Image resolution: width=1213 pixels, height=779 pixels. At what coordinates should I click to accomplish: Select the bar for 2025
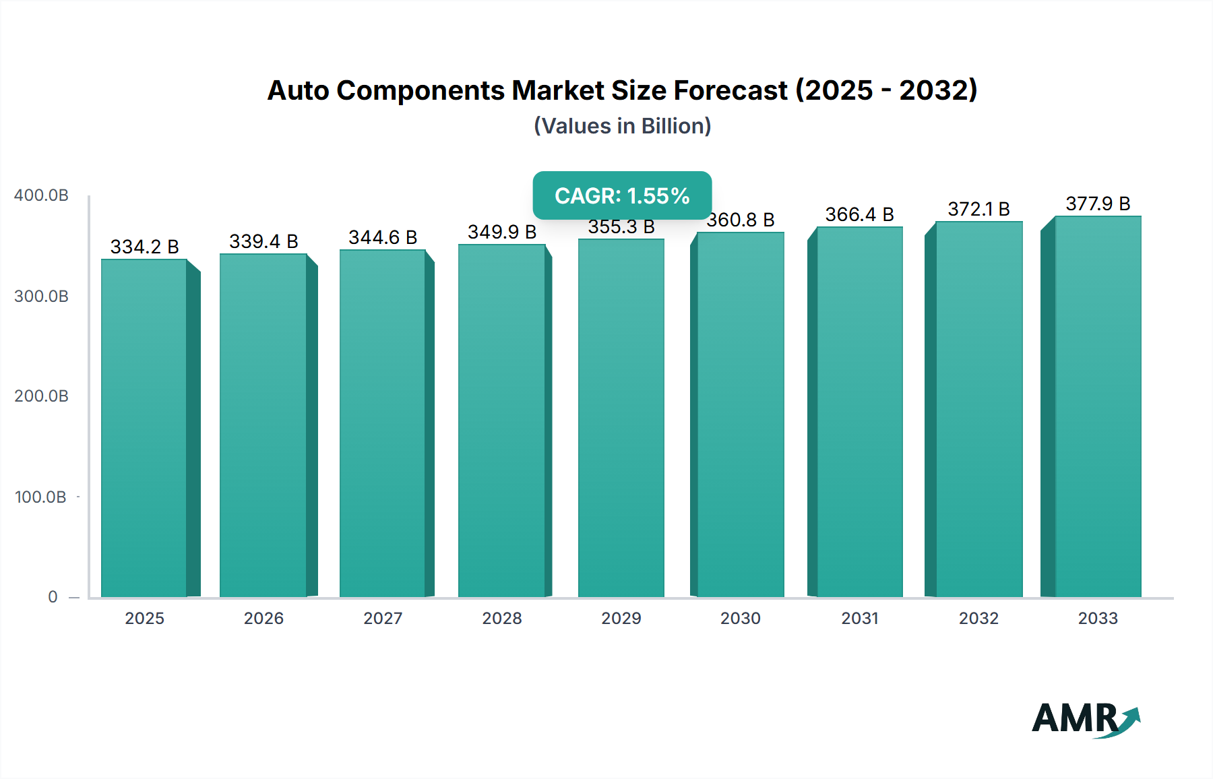(x=144, y=428)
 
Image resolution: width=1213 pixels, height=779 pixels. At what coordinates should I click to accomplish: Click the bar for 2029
(x=621, y=418)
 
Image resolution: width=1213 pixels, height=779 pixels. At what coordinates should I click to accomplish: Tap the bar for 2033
(x=1098, y=406)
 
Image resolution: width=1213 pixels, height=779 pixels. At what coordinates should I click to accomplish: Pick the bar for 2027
(x=382, y=423)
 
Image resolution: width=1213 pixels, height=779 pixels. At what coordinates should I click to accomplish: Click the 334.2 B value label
(x=144, y=247)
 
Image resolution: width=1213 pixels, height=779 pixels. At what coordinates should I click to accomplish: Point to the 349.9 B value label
(x=502, y=232)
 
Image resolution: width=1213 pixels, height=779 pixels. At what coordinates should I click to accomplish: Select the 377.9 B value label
(x=1098, y=204)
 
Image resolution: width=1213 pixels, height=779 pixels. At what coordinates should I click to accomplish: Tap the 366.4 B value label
(x=859, y=214)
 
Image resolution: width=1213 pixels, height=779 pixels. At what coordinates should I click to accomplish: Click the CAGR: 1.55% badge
(x=622, y=195)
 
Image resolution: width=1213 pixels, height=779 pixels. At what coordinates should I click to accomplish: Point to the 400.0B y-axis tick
(x=41, y=195)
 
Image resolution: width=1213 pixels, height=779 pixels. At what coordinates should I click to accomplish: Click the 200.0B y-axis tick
(x=41, y=396)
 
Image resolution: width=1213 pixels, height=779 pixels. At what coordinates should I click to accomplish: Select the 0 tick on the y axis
(x=53, y=597)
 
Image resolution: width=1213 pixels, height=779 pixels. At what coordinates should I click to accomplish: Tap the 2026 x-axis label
(x=263, y=618)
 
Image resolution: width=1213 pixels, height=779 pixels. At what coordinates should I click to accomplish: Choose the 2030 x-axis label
(x=740, y=618)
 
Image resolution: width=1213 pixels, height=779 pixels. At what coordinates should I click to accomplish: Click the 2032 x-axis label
(x=978, y=618)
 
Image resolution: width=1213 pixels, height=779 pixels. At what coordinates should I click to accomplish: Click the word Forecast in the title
(x=730, y=90)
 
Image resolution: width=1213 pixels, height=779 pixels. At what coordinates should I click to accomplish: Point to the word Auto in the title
(x=298, y=90)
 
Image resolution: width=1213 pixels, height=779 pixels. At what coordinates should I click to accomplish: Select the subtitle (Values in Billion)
(x=622, y=126)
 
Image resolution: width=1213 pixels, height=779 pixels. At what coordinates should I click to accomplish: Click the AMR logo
(x=1085, y=718)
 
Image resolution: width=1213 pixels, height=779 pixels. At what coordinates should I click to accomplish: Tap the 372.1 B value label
(x=978, y=209)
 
